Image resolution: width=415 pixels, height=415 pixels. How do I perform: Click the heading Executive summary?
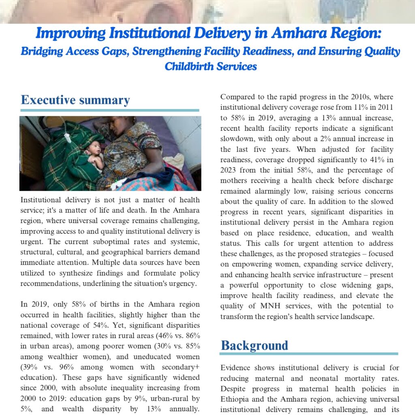(x=75, y=100)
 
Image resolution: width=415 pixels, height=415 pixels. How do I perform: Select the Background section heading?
(x=255, y=345)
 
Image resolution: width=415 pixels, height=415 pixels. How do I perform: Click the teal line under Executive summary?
(x=109, y=110)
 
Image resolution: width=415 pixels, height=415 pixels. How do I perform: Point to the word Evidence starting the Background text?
(x=236, y=368)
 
